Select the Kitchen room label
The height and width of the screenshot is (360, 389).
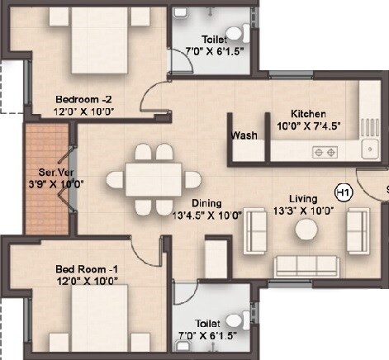coord(309,113)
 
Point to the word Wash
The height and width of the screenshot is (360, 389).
coord(244,135)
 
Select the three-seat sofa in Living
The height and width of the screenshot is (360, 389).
coord(307,263)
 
